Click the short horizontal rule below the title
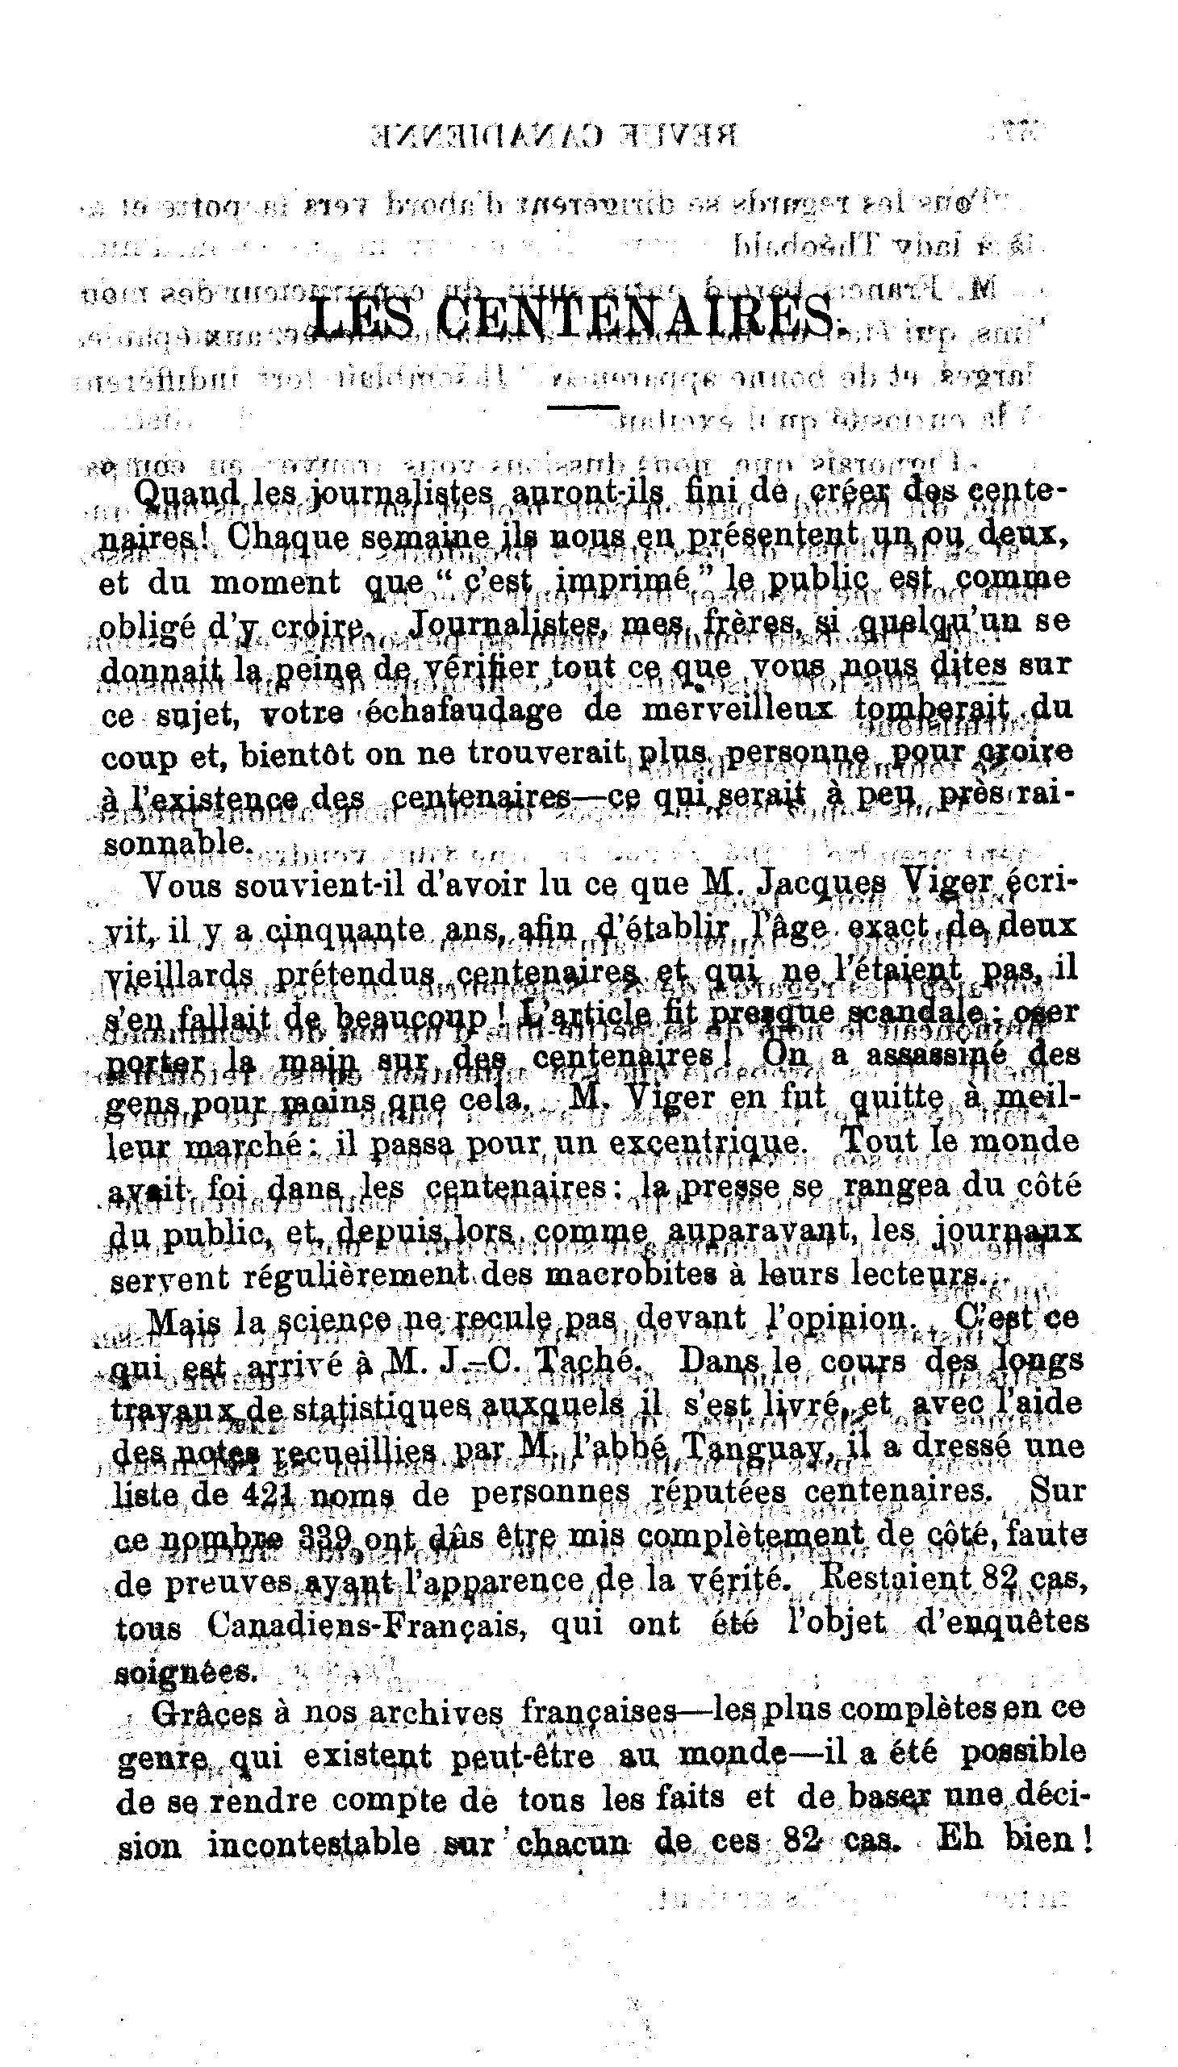coord(583,407)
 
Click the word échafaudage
coord(465,710)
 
